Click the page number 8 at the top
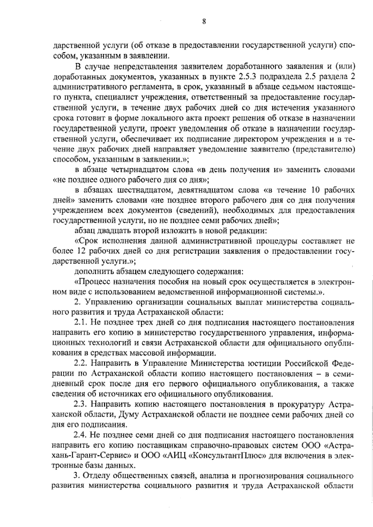click(x=204, y=21)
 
